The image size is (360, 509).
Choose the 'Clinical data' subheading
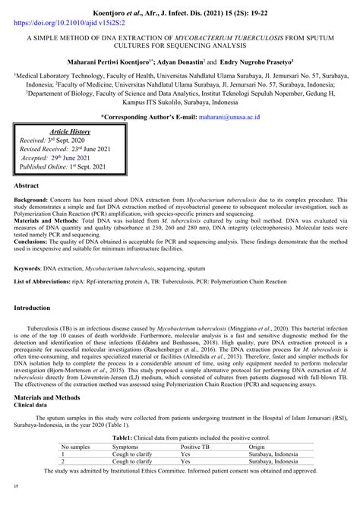pos(36,406)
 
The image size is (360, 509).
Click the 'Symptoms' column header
pos(126,448)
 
